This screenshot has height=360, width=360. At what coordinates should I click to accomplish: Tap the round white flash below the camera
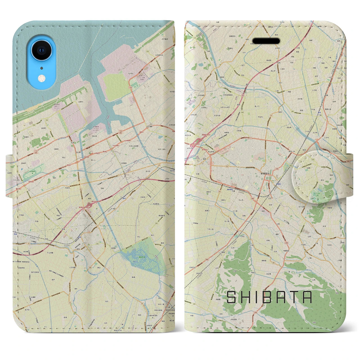click(42, 78)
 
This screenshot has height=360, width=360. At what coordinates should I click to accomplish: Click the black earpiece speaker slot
click(266, 41)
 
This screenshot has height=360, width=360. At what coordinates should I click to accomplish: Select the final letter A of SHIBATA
click(307, 297)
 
